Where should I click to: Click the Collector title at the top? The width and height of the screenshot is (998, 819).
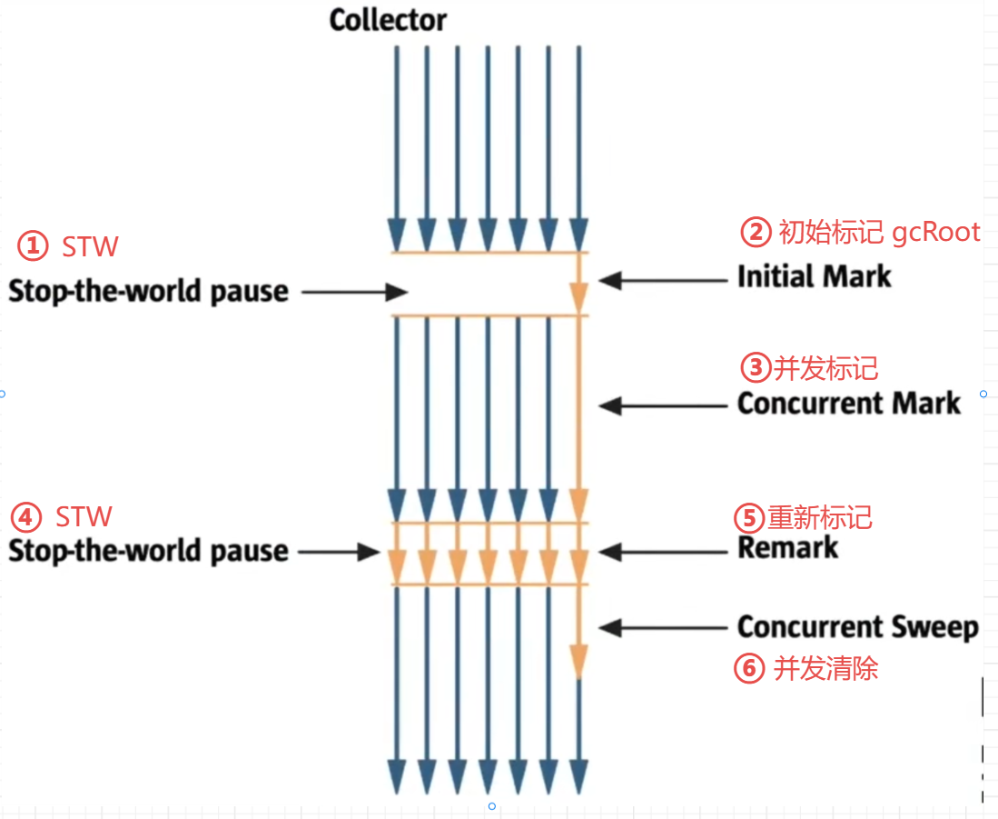[388, 20]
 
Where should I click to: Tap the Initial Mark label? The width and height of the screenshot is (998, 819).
[814, 276]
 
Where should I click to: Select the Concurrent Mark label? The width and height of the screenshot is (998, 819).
[848, 403]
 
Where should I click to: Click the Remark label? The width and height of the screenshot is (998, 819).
[788, 547]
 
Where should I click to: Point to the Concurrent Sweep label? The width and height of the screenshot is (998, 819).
[857, 626]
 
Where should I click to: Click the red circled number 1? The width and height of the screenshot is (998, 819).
[33, 245]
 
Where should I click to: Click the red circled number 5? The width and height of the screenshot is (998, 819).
[746, 518]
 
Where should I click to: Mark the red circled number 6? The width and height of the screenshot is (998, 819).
[747, 669]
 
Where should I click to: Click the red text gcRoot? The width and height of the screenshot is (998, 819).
[935, 232]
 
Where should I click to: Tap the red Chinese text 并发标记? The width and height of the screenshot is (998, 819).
[825, 368]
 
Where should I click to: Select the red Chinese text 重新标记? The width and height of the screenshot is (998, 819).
[820, 518]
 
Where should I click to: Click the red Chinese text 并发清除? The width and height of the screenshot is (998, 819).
[825, 669]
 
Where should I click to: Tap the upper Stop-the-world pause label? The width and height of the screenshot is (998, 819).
[148, 291]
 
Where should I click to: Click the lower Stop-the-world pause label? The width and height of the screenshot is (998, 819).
[148, 551]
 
